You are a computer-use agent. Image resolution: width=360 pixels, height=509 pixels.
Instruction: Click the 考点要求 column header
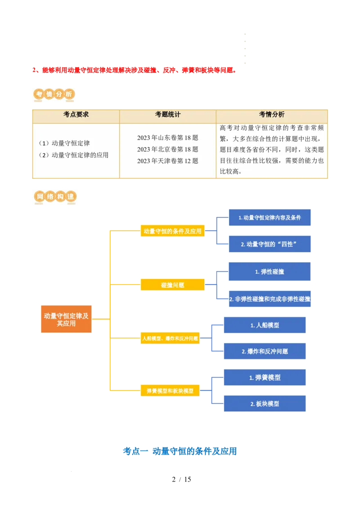(x=76, y=115)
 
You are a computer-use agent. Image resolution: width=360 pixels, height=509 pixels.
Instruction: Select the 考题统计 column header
(x=167, y=115)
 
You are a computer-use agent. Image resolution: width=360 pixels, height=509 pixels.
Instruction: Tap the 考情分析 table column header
(x=272, y=115)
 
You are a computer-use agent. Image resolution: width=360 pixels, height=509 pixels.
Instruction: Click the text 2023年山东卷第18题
(x=167, y=138)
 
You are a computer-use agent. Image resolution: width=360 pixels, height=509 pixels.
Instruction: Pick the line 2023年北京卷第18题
(x=167, y=149)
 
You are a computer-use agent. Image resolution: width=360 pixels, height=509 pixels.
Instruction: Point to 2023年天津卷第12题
(x=167, y=161)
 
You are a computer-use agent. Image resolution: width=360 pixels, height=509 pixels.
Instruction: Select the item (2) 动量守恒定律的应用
(x=73, y=155)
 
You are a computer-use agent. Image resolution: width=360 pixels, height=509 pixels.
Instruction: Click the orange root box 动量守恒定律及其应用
(x=66, y=319)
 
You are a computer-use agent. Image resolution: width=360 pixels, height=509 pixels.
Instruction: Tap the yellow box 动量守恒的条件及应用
(x=172, y=231)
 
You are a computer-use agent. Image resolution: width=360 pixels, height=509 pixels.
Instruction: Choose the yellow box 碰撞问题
(x=172, y=285)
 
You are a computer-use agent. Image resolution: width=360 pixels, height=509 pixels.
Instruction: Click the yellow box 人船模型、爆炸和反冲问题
(x=170, y=338)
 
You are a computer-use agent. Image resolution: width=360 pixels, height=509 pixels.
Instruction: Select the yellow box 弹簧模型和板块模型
(x=170, y=391)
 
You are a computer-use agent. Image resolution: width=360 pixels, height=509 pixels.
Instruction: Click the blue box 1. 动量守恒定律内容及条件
(x=270, y=218)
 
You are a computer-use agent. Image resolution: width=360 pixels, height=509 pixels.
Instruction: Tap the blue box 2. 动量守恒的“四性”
(x=270, y=244)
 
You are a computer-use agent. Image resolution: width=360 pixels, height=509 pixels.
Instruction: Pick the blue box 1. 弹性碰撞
(x=270, y=272)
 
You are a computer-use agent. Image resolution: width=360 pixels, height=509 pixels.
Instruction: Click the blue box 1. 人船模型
(x=265, y=325)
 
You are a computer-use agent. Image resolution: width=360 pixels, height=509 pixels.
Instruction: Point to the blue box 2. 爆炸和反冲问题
(x=265, y=351)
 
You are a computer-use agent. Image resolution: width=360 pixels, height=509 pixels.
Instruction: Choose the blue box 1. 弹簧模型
(x=265, y=378)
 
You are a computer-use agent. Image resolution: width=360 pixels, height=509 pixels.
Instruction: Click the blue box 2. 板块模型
(x=265, y=404)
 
